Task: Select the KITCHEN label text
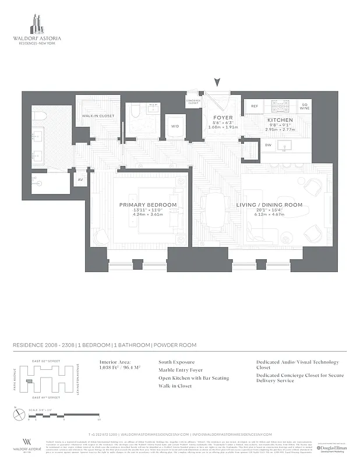tap(280, 120)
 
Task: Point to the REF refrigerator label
tap(255, 107)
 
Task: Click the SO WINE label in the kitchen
tap(305, 107)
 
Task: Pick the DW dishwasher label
tap(268, 145)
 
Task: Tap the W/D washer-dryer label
tap(175, 126)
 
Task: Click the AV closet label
tap(80, 180)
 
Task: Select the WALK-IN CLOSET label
tap(98, 116)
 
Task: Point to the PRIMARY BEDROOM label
tap(148, 205)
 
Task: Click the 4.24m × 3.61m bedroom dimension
tap(148, 215)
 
